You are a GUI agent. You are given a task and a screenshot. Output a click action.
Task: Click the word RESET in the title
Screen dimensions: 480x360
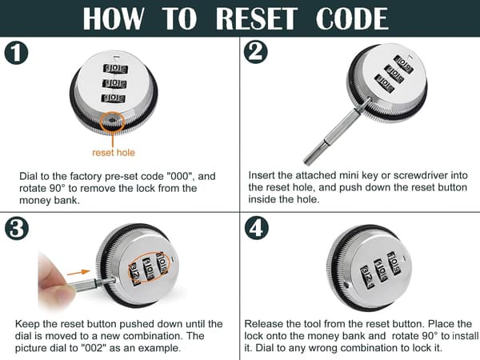(x=257, y=18)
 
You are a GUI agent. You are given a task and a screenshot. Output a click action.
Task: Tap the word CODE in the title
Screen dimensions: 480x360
(x=352, y=18)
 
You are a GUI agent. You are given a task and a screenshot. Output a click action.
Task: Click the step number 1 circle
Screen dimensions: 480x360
(x=16, y=53)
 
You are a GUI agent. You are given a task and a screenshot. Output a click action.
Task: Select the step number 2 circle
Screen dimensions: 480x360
(x=256, y=52)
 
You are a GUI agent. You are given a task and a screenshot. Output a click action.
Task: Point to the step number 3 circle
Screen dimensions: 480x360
(x=17, y=228)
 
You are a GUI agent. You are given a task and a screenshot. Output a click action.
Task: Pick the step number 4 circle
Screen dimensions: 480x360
(x=257, y=228)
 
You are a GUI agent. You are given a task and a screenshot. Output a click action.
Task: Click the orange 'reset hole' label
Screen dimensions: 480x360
(x=114, y=153)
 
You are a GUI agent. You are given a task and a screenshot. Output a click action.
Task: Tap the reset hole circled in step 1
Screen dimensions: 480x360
(x=112, y=121)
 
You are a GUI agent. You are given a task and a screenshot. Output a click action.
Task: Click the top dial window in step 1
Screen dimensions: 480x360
(x=115, y=68)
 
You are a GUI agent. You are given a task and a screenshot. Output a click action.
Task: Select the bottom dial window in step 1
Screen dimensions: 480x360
(x=114, y=98)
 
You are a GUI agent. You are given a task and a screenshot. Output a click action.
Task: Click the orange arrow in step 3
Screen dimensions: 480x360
(x=78, y=272)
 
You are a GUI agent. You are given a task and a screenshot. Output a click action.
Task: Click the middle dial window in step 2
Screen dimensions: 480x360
(x=394, y=74)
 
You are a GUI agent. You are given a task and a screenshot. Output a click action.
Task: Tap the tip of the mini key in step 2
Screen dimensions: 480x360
(x=306, y=162)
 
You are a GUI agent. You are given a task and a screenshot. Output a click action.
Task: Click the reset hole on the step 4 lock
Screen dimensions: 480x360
(x=346, y=286)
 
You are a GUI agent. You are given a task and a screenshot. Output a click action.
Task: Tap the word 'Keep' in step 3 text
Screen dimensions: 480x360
(x=27, y=324)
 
